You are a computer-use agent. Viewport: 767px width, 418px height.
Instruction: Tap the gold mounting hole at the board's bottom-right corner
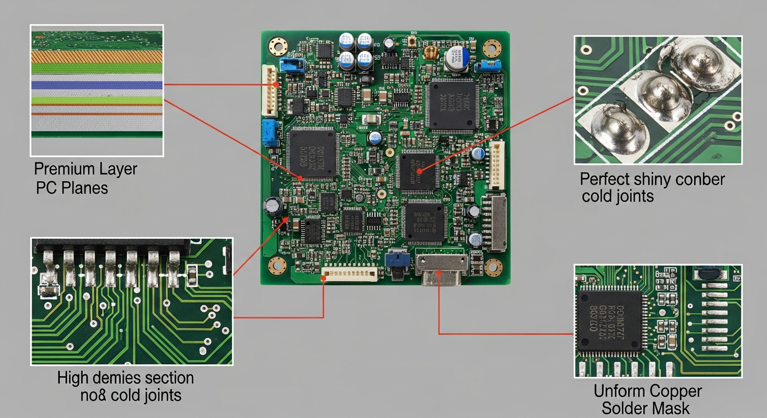(x=493, y=267)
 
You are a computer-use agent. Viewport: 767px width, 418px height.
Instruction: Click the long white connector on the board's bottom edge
(x=349, y=273)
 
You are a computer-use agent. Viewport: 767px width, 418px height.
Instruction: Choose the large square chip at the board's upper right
(x=452, y=105)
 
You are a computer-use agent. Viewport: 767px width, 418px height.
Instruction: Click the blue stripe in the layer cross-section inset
(x=97, y=85)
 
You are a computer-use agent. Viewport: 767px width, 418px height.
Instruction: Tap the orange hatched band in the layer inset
(x=97, y=56)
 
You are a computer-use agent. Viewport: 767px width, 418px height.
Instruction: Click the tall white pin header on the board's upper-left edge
(x=270, y=90)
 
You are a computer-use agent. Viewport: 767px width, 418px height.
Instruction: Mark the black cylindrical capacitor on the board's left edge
(x=272, y=207)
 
